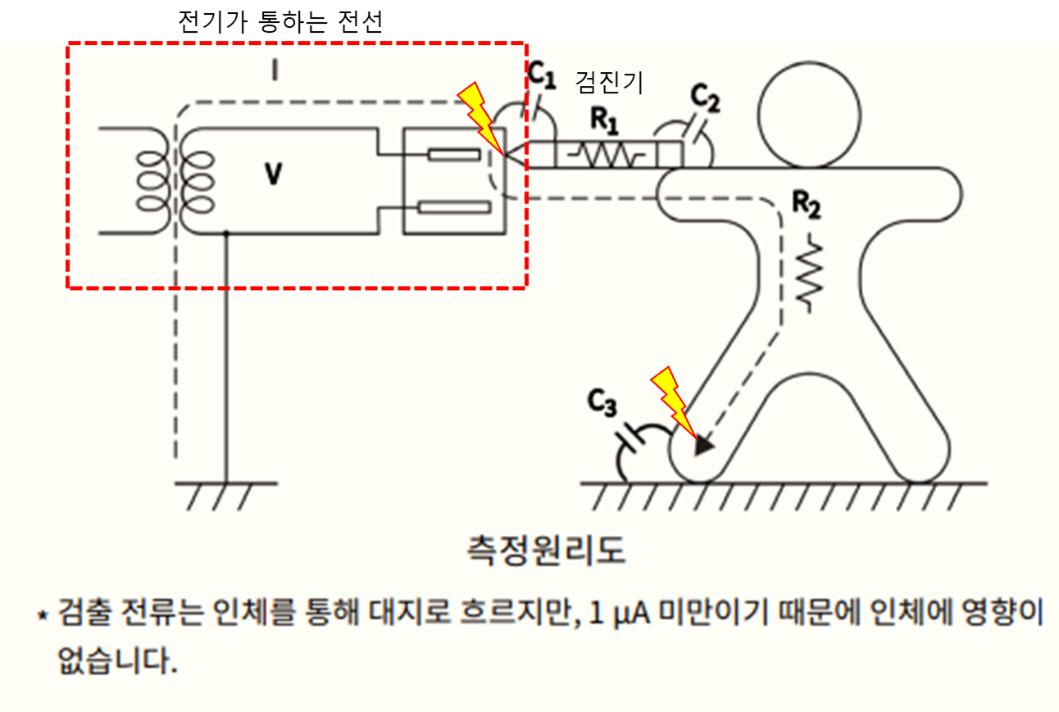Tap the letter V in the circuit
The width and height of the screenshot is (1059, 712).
tap(273, 174)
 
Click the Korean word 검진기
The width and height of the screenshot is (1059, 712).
tap(610, 82)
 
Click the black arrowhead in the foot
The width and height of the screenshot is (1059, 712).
tap(702, 446)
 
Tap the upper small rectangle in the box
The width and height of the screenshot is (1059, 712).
tap(453, 155)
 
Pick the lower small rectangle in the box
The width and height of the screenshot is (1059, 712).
tap(452, 206)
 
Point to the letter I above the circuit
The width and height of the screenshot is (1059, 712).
tap(275, 72)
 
